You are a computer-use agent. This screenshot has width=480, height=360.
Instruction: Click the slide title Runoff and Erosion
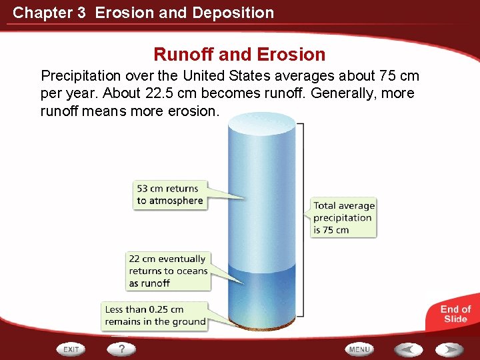click(x=239, y=54)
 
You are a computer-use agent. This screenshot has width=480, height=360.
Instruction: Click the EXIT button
click(x=71, y=349)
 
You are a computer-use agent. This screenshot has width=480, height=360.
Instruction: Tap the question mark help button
click(x=121, y=349)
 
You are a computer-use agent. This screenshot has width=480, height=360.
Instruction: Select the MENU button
click(x=359, y=349)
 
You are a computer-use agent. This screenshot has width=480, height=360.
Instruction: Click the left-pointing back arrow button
click(x=408, y=349)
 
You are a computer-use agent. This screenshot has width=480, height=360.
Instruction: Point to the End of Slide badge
click(x=455, y=314)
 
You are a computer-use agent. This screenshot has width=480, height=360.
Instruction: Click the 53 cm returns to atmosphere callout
click(x=170, y=195)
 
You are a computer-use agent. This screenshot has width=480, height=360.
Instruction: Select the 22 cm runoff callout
click(x=168, y=271)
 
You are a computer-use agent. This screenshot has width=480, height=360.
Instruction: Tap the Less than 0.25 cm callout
click(x=155, y=315)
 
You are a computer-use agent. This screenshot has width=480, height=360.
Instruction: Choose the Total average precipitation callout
click(x=343, y=217)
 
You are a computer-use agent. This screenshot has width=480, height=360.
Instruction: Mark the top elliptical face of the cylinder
click(x=261, y=123)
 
